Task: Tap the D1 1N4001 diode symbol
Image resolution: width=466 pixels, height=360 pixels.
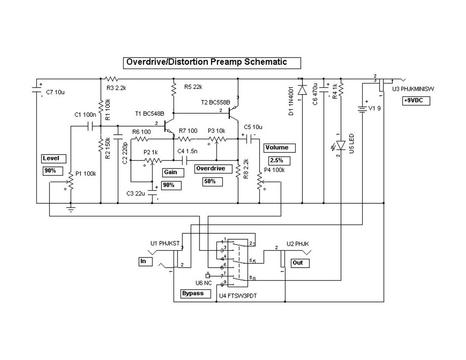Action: pyautogui.click(x=302, y=90)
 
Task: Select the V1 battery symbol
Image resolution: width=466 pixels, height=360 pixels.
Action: pyautogui.click(x=362, y=109)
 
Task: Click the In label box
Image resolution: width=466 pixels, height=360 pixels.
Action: pyautogui.click(x=144, y=261)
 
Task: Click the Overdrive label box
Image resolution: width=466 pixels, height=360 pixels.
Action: pyautogui.click(x=214, y=169)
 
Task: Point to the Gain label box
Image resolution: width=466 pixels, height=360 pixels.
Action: pyautogui.click(x=173, y=172)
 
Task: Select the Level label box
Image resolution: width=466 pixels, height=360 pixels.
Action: pyautogui.click(x=54, y=159)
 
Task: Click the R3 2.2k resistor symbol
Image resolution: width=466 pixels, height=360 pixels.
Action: pyautogui.click(x=111, y=79)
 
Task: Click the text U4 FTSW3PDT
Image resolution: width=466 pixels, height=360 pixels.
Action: pyautogui.click(x=238, y=296)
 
